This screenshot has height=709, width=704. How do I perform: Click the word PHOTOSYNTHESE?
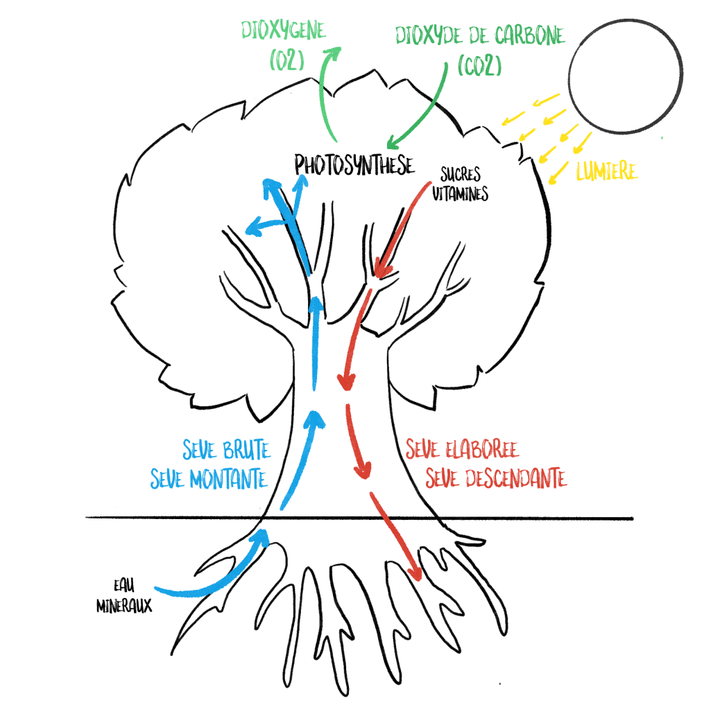(354, 165)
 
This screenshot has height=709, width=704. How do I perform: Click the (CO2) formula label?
(479, 65)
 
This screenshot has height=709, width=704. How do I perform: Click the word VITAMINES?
(460, 195)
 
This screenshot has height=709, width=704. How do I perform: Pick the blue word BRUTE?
(246, 451)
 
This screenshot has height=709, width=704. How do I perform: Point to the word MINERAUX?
(125, 605)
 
